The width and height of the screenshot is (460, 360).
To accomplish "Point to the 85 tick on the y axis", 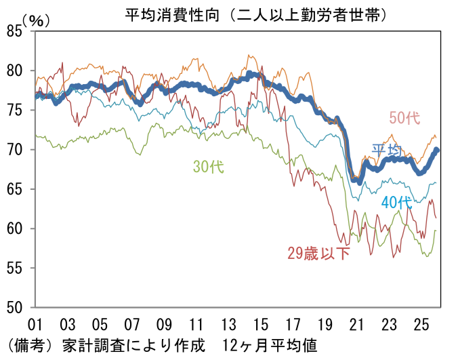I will (14, 31).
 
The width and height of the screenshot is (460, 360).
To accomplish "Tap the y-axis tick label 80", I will (14, 71).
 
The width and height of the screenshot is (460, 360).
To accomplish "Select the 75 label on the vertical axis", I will (14, 110).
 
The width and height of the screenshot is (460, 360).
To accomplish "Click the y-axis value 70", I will (14, 149).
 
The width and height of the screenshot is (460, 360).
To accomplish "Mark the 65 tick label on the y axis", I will (14, 188).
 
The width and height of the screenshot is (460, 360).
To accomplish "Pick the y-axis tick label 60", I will (14, 228).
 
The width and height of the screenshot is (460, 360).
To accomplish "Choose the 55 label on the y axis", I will (14, 268).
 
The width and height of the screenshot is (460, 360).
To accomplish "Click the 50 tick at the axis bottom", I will (14, 307).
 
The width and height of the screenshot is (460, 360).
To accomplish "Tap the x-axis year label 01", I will (36, 323).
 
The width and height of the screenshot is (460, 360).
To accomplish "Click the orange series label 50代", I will (404, 117).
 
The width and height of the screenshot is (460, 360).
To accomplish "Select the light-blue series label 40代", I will (396, 201).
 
